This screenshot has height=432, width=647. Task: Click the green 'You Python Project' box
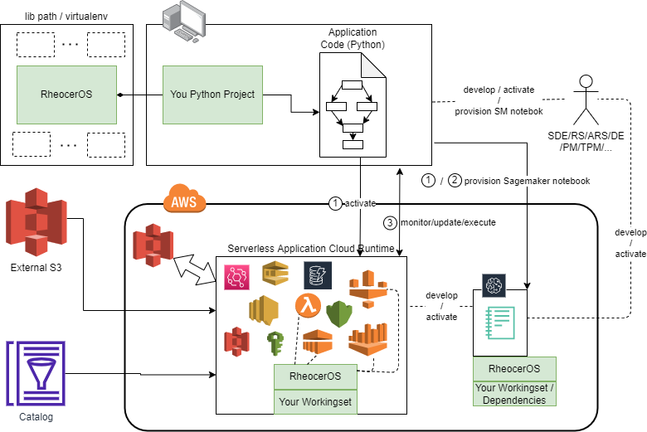point(212,95)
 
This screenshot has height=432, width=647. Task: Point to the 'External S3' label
point(36,267)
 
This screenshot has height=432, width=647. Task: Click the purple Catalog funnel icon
point(36,373)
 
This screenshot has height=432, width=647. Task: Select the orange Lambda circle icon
point(308,306)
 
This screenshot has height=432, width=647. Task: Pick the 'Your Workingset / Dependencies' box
point(514,393)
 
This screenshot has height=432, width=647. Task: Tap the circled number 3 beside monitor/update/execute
point(390,222)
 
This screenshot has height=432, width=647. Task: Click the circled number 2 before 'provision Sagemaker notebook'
point(455,180)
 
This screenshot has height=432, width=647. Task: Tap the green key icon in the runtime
point(275,342)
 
